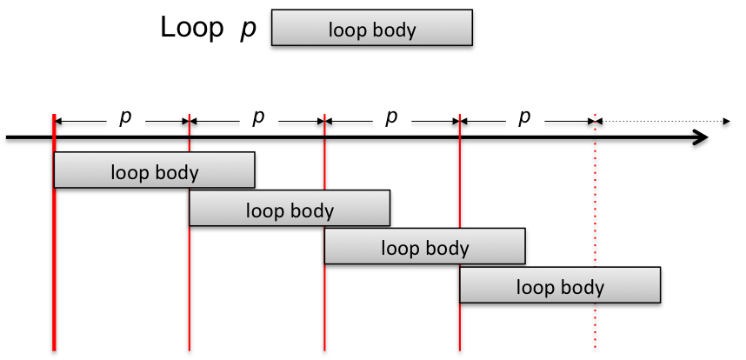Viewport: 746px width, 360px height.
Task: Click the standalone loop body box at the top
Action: coord(371,28)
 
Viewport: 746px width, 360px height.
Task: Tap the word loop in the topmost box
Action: coord(348,30)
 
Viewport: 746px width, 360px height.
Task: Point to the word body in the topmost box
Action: coord(395,30)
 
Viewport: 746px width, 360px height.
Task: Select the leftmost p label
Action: coord(125,116)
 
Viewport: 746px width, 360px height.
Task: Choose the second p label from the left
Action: coord(258,116)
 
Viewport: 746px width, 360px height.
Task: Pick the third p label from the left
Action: coord(391,116)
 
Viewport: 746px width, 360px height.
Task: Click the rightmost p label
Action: coord(524,116)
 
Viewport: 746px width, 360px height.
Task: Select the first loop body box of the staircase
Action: coord(154,170)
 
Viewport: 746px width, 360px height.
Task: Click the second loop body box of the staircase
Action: coord(289,209)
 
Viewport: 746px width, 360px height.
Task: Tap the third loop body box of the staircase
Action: coord(424,247)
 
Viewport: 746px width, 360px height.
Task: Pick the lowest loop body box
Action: coord(559,285)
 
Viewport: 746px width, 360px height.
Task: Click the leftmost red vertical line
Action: coord(54,261)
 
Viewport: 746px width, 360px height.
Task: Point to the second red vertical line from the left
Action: coord(189,287)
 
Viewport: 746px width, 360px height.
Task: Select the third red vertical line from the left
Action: coord(324,304)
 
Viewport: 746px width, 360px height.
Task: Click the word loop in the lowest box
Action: coord(536,286)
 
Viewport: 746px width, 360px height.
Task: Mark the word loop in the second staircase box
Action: coord(265,210)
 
